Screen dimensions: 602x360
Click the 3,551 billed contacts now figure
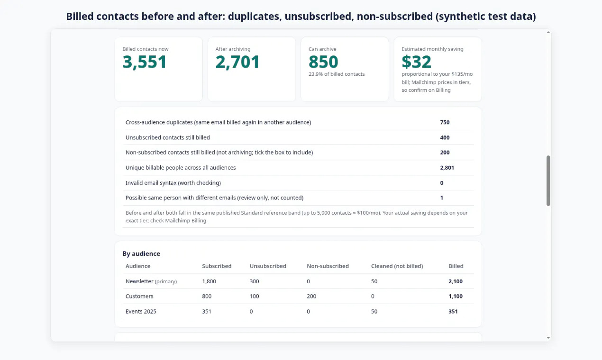[145, 62]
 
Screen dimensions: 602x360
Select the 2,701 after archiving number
[237, 62]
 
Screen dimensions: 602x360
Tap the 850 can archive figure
[323, 62]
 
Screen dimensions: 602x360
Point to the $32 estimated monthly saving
[416, 62]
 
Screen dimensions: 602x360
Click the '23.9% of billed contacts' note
[337, 74]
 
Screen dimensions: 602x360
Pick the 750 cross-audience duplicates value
[445, 122]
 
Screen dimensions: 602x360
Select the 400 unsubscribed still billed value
[445, 137]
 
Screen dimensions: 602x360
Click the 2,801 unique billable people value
[447, 168]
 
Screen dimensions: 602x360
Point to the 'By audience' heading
[141, 253]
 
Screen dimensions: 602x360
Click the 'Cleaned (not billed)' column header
[397, 266]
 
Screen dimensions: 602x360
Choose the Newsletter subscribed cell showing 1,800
[209, 281]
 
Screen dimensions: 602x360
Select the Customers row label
[139, 296]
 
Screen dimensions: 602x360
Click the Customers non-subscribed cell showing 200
[311, 296]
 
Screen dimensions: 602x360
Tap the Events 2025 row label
[141, 311]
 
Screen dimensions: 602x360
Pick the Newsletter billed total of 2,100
[456, 281]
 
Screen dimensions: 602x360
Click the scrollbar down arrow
[548, 338]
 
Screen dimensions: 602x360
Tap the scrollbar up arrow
[548, 33]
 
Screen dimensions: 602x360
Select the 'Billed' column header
[456, 266]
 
